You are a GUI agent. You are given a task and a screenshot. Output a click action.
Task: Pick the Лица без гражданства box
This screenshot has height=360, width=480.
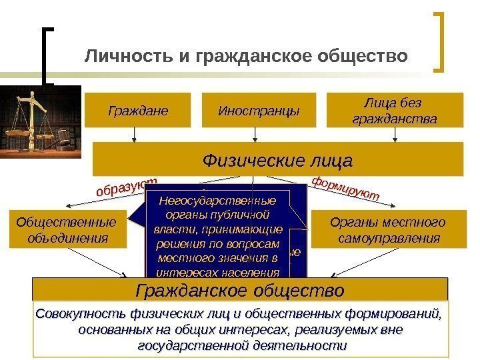[x=395, y=110]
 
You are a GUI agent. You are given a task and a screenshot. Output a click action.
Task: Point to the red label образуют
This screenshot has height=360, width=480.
[x=127, y=187]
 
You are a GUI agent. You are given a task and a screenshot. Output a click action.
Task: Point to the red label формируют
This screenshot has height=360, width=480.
[x=345, y=188]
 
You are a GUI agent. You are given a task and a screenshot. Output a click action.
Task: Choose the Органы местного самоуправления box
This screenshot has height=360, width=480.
[x=388, y=229]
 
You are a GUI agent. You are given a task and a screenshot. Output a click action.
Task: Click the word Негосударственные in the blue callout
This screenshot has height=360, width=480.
[x=219, y=201]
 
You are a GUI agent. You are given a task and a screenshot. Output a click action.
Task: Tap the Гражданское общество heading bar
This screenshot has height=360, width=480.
[x=240, y=291]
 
